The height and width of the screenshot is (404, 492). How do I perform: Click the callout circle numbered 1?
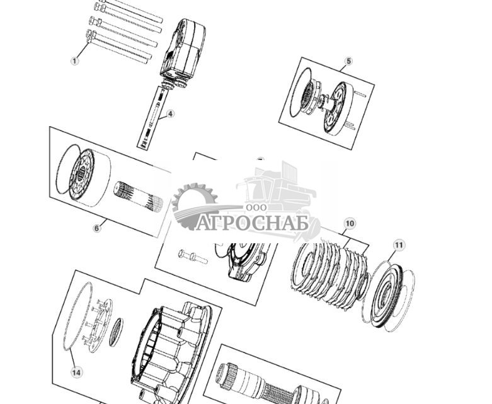75,61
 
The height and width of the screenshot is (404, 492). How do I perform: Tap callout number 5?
348,61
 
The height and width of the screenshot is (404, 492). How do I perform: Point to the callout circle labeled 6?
97,228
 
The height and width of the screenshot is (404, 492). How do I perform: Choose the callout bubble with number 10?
350,223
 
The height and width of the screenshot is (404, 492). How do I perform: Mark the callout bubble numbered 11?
398,245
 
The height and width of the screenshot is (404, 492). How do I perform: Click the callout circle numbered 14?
76,372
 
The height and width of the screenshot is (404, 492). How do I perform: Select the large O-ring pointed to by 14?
77,315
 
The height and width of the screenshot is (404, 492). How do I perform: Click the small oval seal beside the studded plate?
116,332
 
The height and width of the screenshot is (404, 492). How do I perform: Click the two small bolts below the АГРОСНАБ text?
193,257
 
